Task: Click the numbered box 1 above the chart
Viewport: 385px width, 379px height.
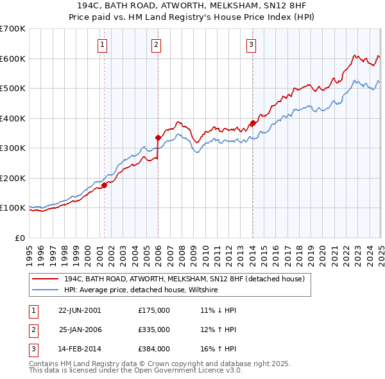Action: [x=103, y=44]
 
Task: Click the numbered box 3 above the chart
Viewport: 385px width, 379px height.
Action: [x=251, y=44]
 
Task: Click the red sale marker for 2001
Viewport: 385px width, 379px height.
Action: [x=104, y=186]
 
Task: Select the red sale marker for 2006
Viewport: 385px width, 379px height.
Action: [x=158, y=137]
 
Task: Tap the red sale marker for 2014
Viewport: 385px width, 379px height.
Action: [x=253, y=123]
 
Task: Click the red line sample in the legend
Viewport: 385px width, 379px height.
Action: [x=46, y=279]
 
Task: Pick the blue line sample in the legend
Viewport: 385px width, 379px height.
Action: [x=46, y=290]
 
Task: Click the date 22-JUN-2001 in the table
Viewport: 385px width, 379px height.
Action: [x=80, y=310]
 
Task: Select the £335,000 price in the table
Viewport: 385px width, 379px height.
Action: [x=153, y=330]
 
